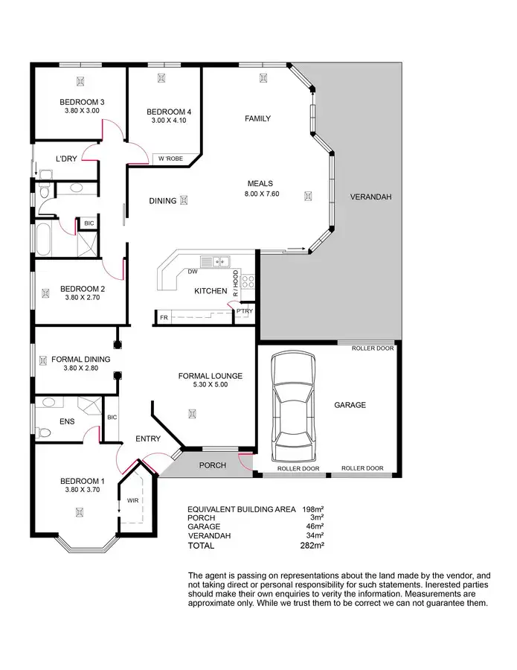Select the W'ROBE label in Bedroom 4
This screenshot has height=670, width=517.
point(170,159)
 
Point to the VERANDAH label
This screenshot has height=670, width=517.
point(370,197)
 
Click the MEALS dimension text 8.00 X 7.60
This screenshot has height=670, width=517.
point(260,194)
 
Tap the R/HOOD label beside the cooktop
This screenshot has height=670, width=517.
point(236,284)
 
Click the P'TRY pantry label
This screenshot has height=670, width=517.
point(244,312)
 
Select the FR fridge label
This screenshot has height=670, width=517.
point(163,318)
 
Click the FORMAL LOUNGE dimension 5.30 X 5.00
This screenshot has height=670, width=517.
point(202,385)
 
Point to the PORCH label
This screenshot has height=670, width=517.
point(211,465)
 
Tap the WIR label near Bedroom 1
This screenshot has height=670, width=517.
point(133,500)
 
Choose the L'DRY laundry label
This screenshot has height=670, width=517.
point(67,159)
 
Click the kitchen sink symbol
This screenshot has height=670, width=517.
point(221,261)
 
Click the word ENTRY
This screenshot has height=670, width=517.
point(148,438)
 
